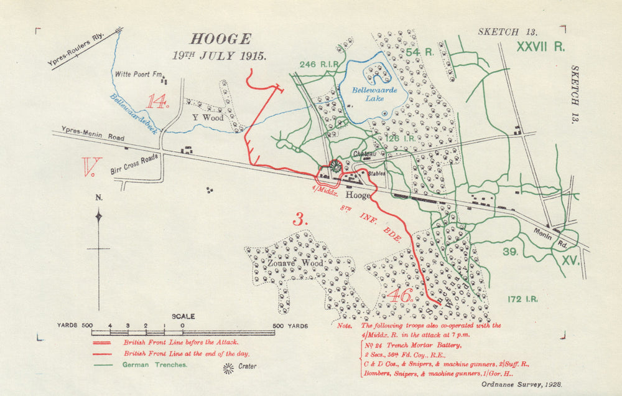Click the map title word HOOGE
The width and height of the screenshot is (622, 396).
click(x=220, y=39)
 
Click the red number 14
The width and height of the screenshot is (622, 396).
click(x=157, y=101)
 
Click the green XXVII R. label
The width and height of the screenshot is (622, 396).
click(x=540, y=46)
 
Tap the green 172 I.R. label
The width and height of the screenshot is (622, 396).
click(x=522, y=299)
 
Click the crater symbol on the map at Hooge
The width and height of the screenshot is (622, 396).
click(x=335, y=165)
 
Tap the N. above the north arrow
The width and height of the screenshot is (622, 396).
click(x=98, y=198)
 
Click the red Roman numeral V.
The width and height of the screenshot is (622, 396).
click(x=91, y=167)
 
